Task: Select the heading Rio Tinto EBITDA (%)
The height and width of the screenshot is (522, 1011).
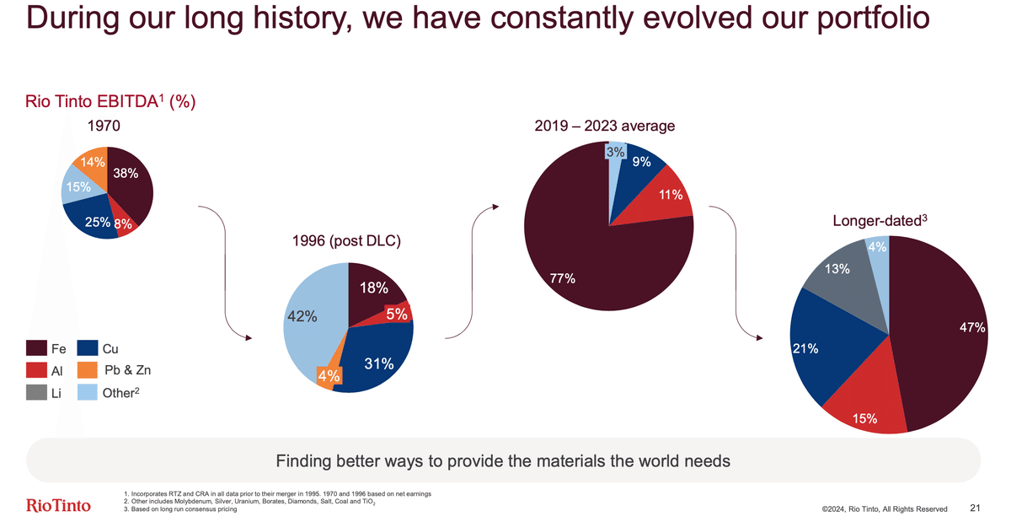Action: coord(112,102)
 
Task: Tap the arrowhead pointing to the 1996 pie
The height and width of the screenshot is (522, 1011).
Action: coord(248,338)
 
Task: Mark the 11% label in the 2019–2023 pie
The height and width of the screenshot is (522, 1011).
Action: coord(671,195)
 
